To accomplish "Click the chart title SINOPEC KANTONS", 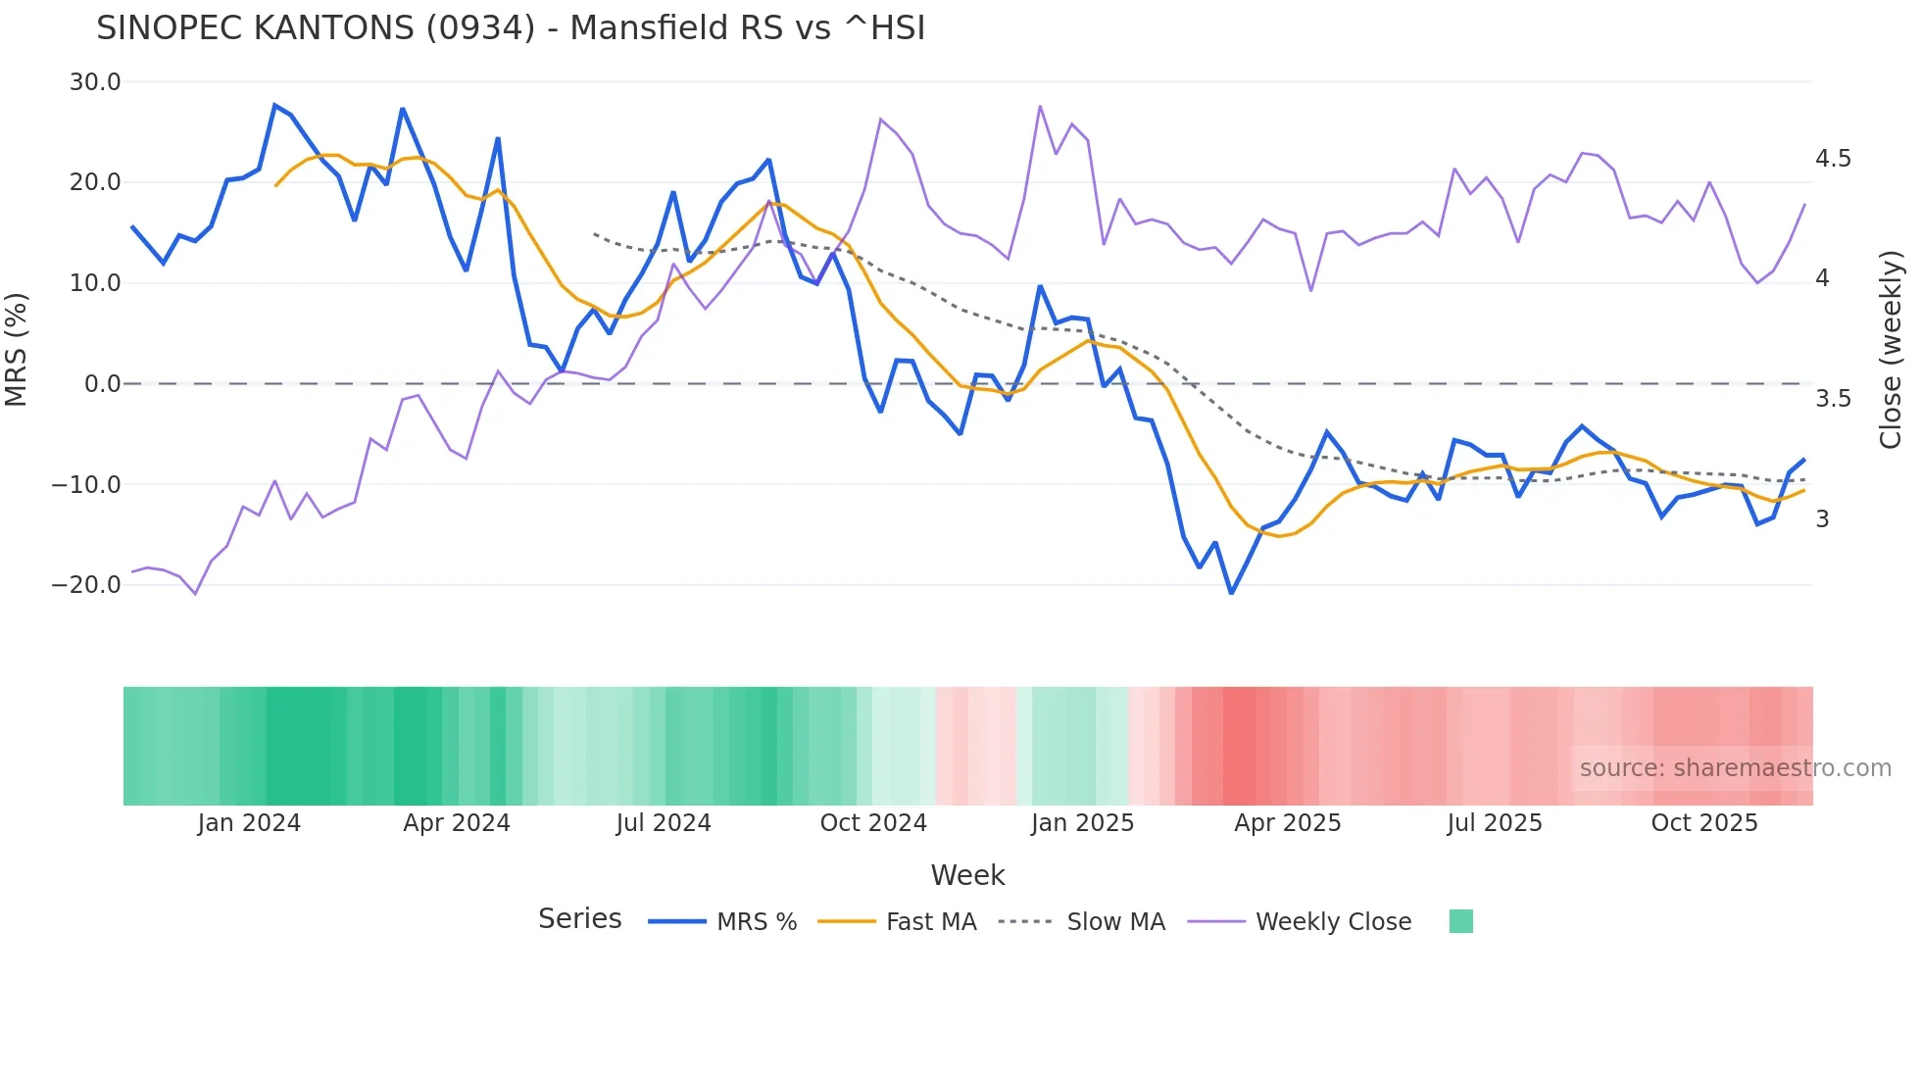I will [x=510, y=28].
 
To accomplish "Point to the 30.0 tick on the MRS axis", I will [x=95, y=82].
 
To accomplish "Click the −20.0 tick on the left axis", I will [x=86, y=585].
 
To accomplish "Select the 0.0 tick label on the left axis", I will [x=102, y=384].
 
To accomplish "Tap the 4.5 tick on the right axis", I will [x=1833, y=159].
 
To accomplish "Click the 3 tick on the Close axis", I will [x=1822, y=519].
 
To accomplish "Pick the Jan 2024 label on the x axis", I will [x=249, y=823].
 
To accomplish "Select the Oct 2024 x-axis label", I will [x=873, y=823].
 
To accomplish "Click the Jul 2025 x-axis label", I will [x=1495, y=823].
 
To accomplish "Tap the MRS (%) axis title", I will [x=17, y=349].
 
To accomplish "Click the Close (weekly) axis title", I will [x=1891, y=349].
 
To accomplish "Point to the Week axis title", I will [x=967, y=875].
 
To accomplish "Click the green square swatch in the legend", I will [x=1460, y=921].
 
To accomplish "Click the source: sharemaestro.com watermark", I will [x=1735, y=768].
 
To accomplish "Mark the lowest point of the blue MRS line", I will [x=1231, y=593].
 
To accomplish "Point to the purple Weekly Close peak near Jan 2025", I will [x=1040, y=106].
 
